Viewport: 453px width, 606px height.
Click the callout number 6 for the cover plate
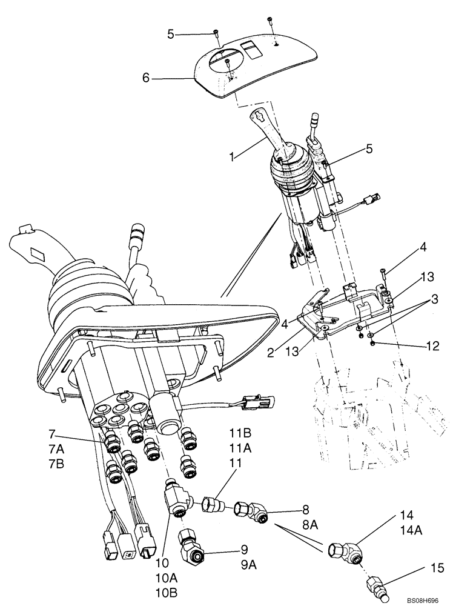145,78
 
